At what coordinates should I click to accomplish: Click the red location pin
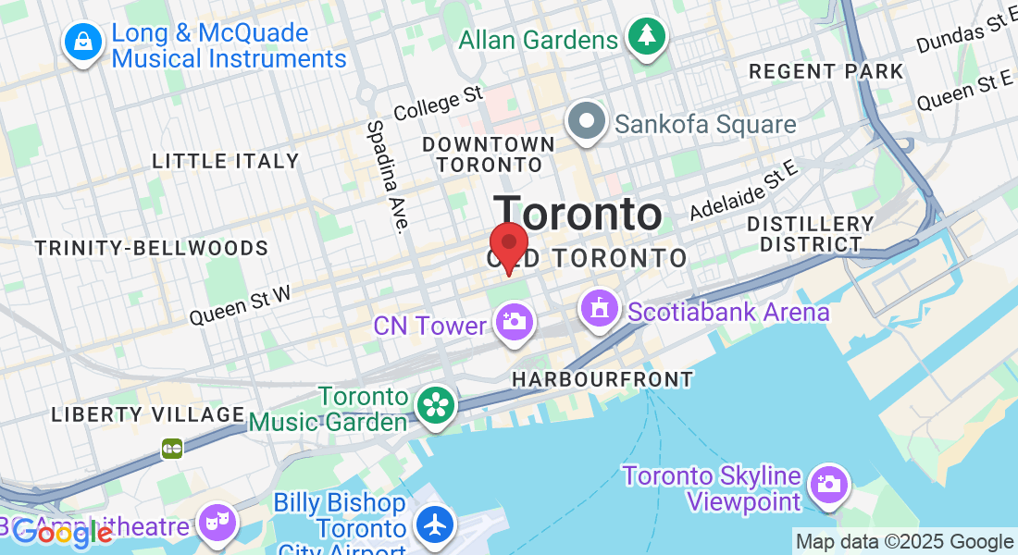pyautogui.click(x=508, y=245)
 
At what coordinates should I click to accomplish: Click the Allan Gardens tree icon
pyautogui.click(x=645, y=37)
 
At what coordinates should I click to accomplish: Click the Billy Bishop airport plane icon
pyautogui.click(x=433, y=524)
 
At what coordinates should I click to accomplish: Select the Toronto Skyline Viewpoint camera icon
pyautogui.click(x=827, y=484)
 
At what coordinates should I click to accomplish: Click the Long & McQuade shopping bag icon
pyautogui.click(x=82, y=42)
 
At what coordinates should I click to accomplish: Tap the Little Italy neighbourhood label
pyautogui.click(x=226, y=161)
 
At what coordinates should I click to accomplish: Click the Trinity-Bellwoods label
pyautogui.click(x=152, y=248)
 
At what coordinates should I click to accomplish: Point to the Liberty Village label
pyautogui.click(x=148, y=414)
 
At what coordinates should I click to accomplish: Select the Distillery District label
pyautogui.click(x=810, y=234)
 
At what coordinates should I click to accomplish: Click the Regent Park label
pyautogui.click(x=826, y=71)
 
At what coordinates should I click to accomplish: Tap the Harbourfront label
pyautogui.click(x=602, y=379)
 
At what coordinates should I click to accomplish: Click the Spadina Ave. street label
pyautogui.click(x=388, y=177)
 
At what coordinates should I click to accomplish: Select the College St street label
pyautogui.click(x=439, y=102)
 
